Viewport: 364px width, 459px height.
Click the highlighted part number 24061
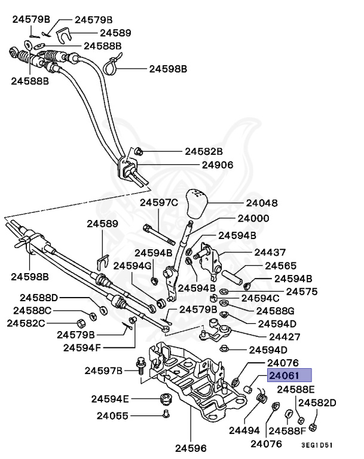click(x=290, y=375)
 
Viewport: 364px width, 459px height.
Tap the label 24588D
click(x=39, y=297)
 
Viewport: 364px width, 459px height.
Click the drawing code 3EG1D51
click(x=317, y=445)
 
